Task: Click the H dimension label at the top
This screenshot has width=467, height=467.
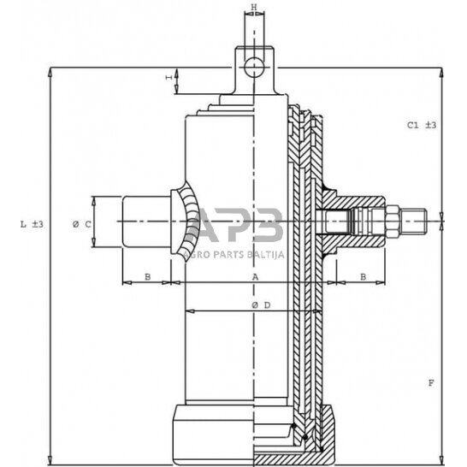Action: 253,8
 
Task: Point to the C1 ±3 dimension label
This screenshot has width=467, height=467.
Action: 422,125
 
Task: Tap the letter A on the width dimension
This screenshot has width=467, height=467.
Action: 255,277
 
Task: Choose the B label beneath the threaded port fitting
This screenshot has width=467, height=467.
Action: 363,277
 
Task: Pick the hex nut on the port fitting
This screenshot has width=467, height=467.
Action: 392,223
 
